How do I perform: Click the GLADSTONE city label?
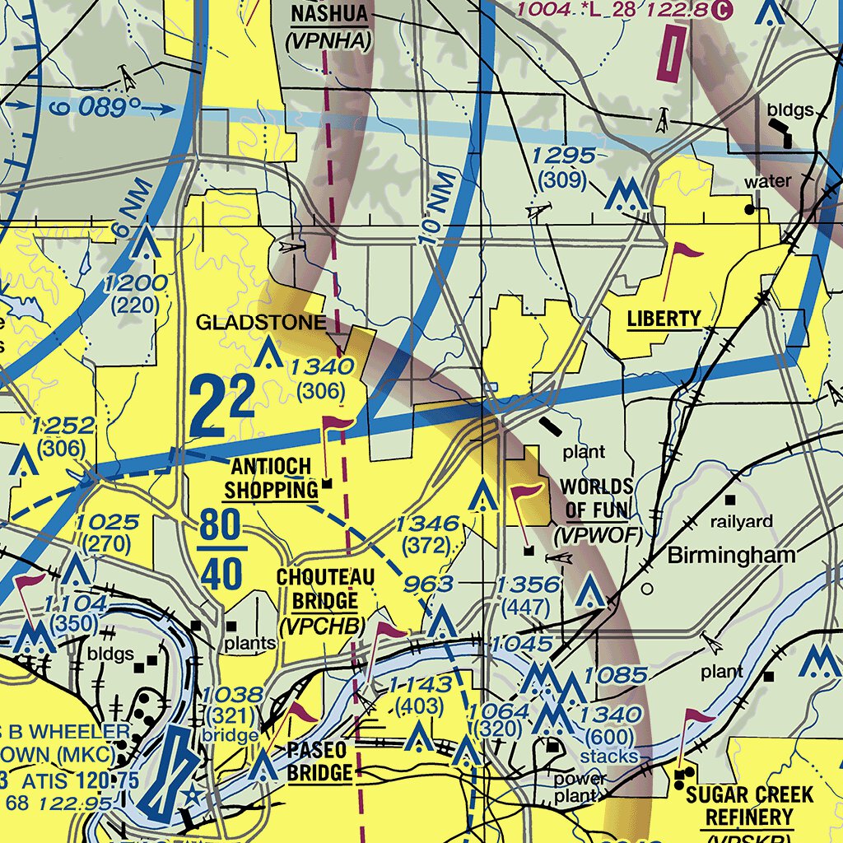pos(261,322)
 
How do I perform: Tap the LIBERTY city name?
pos(664,319)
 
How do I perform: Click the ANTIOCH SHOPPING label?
pos(271,479)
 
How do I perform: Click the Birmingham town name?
pos(731,555)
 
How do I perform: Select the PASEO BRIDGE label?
pos(320,761)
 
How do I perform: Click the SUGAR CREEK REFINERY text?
pos(749,807)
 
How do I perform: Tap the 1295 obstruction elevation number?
pos(563,156)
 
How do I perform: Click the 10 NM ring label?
pos(436,208)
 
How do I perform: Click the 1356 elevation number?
pos(528,585)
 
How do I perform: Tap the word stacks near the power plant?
pos(608,756)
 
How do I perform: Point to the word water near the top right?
pos(767,181)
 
